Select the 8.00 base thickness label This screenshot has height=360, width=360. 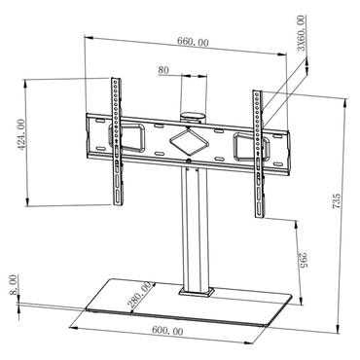coord(12,283)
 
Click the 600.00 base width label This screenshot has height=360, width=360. coord(167,332)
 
